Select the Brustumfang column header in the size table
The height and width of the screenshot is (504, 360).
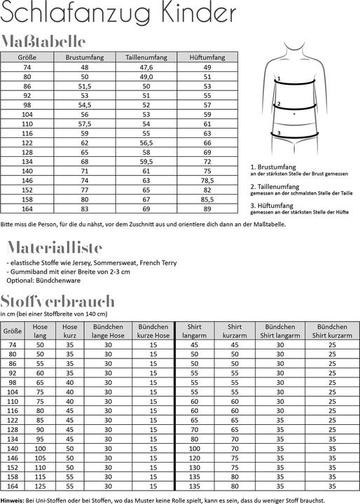(x=84, y=57)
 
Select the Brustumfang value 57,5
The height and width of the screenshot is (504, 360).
(x=84, y=123)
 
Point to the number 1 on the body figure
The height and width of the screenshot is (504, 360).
(x=279, y=80)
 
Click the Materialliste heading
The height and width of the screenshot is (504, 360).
(x=54, y=247)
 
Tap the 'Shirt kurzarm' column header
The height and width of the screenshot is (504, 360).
(x=235, y=330)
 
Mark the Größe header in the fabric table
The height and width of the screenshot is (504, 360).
(x=12, y=330)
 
